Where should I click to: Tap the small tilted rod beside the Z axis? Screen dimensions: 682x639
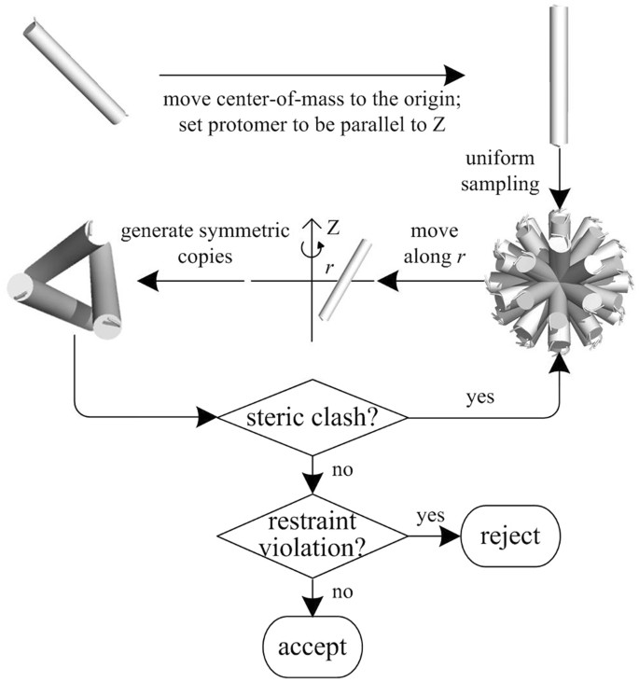coord(342,280)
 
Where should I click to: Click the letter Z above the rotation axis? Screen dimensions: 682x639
coord(332,226)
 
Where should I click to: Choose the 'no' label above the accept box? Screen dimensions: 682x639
coord(339,592)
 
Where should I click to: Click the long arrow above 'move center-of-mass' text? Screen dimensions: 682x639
coord(312,75)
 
